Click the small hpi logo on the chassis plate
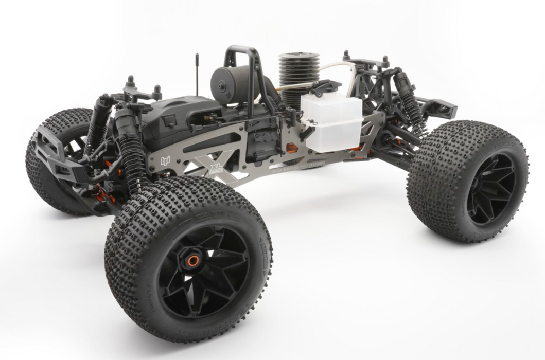tap(165, 160)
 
